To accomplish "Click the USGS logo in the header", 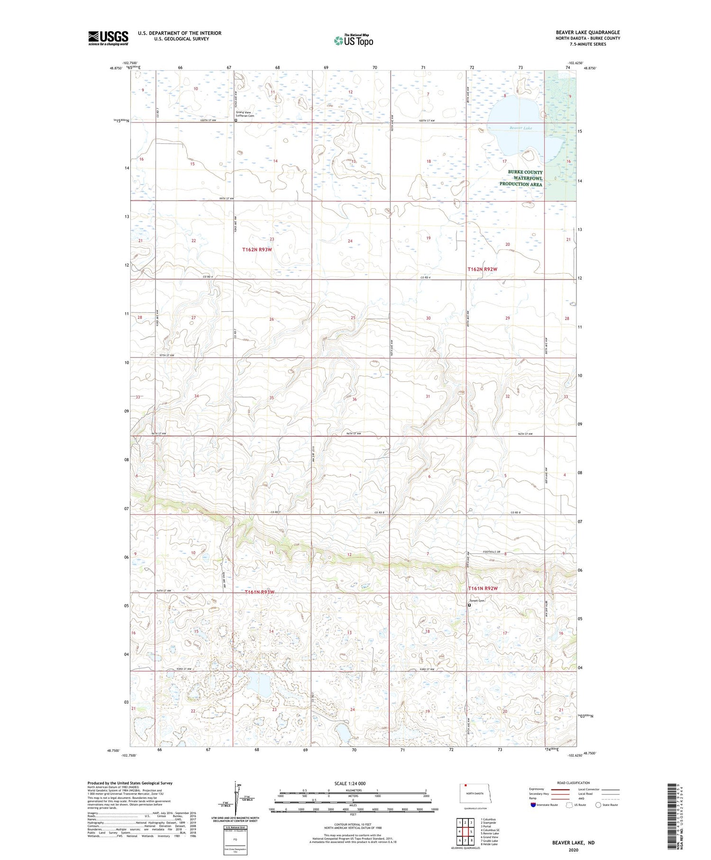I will click(x=108, y=38).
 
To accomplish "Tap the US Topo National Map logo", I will click(x=353, y=40).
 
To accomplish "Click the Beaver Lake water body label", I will click(x=521, y=128).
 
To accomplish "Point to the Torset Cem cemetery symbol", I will click(x=470, y=605).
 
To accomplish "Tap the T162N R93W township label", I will click(x=257, y=250).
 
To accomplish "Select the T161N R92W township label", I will click(x=483, y=589).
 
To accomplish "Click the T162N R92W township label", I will click(x=483, y=269).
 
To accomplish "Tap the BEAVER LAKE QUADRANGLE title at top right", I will click(x=588, y=32).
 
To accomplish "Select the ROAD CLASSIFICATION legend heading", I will click(x=574, y=783).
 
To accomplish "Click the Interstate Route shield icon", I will click(x=534, y=805).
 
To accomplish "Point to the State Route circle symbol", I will click(x=598, y=805).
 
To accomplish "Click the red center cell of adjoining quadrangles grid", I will click(x=465, y=832).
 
